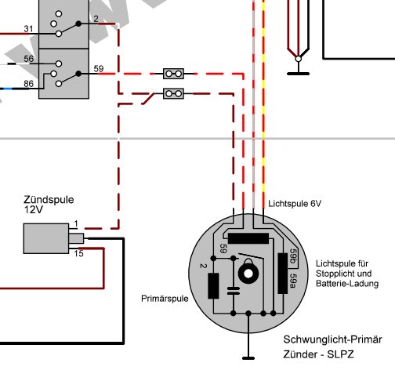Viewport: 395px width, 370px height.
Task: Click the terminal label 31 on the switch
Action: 28,29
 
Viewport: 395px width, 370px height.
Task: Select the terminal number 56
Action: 28,59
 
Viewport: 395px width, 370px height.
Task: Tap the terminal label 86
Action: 28,84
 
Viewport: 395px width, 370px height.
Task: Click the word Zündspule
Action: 49,200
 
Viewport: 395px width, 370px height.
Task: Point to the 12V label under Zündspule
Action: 33,209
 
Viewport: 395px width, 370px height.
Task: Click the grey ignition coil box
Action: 46,238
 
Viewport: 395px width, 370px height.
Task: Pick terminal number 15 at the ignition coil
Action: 78,253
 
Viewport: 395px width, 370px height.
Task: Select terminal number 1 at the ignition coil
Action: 76,223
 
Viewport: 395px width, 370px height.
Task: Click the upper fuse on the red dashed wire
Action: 173,74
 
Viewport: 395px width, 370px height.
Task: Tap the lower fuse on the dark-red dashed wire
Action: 173,93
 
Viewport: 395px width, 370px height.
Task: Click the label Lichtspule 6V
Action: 295,204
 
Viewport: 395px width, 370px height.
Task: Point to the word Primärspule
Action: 165,299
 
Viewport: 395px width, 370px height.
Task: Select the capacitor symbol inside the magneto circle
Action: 234,291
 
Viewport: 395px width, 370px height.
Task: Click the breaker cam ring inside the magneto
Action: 248,274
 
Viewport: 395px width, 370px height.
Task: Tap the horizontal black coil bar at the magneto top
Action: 248,238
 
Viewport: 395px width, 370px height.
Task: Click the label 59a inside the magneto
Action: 293,281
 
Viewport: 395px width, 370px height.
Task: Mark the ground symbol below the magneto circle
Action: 248,358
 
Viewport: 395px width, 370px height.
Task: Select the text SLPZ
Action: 341,354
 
